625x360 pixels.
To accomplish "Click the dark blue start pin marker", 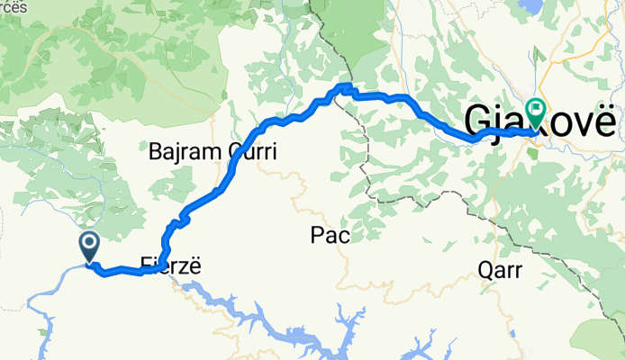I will click(x=90, y=245).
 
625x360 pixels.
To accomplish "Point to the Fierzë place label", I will click(x=168, y=265).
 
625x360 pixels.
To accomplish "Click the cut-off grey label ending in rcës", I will click(x=14, y=7).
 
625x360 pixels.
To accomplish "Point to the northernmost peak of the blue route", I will click(x=343, y=86).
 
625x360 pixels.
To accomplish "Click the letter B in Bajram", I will click(x=155, y=152).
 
